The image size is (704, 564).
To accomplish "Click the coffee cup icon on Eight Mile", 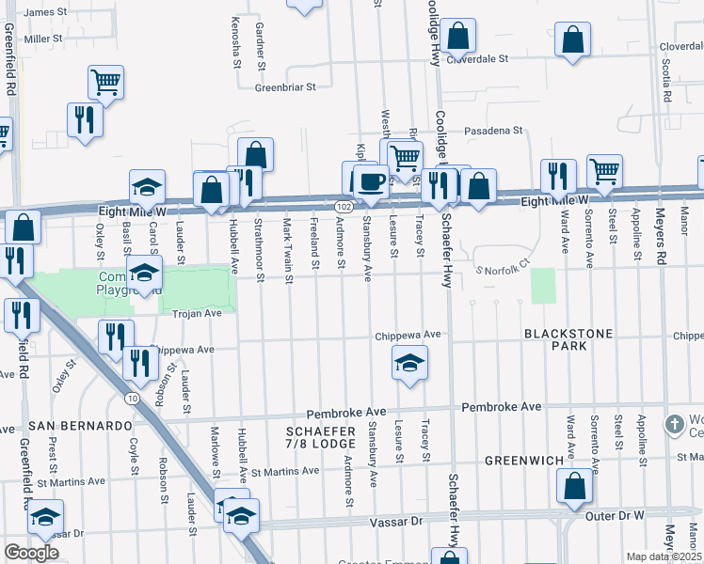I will point(370,180).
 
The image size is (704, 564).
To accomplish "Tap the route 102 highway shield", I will point(344,206).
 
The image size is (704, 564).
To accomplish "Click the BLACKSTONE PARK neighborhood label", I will point(568,339).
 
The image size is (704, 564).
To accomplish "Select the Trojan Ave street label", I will point(194,313).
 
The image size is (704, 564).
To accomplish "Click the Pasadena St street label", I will point(491,130).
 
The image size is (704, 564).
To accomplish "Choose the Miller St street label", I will point(43,39).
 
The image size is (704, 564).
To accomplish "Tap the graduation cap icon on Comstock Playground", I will point(144,274).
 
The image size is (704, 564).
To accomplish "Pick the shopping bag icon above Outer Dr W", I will point(574,488).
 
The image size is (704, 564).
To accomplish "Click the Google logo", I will point(31,553).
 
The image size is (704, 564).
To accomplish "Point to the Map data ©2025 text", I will point(664,556).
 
